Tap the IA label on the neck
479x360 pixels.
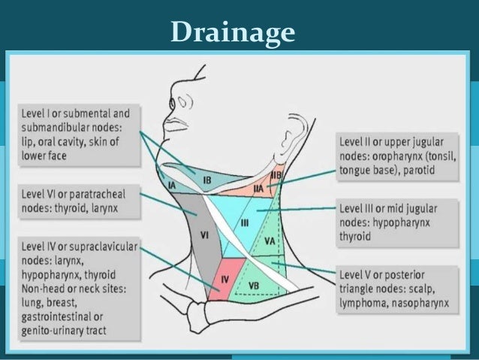173,184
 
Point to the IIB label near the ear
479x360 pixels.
276,175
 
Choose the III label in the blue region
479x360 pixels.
244,223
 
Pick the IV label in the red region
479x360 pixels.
224,279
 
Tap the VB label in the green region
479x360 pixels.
254,286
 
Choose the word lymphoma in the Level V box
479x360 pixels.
369,304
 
